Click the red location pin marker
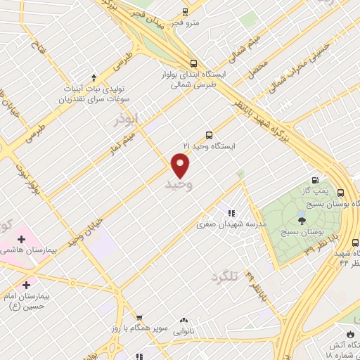click(x=181, y=165)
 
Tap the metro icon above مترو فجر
click(x=185, y=12)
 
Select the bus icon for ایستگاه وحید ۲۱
click(x=209, y=135)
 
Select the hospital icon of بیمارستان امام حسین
click(x=27, y=285)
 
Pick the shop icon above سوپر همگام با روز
click(x=139, y=318)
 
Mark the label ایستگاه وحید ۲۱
click(x=209, y=146)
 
